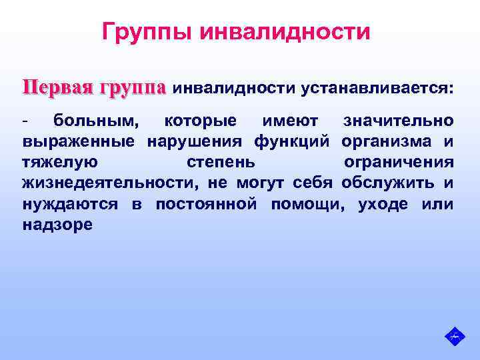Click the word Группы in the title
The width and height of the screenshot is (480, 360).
(144, 31)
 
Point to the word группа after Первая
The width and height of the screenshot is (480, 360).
(132, 88)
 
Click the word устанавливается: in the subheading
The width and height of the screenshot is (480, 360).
(376, 89)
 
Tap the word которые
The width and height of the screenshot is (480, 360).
(200, 121)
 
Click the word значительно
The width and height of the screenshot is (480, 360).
(398, 121)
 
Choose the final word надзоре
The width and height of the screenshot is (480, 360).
(57, 225)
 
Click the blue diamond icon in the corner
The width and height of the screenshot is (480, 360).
(454, 336)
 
